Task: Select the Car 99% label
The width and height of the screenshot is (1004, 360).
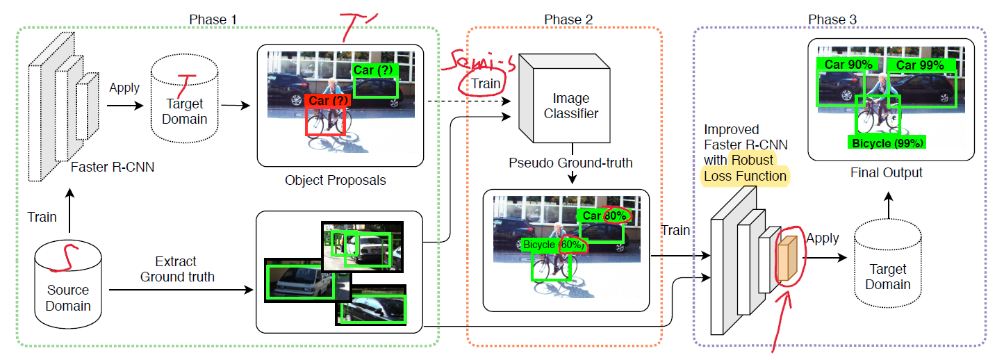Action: tap(919, 65)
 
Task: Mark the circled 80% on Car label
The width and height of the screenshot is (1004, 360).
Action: tap(615, 215)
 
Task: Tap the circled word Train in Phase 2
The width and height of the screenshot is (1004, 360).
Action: tap(486, 83)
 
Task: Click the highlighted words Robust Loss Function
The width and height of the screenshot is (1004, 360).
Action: tap(746, 168)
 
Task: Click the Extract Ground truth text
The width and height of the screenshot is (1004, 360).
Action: tap(176, 270)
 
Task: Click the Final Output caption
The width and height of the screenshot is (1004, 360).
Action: tap(886, 172)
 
